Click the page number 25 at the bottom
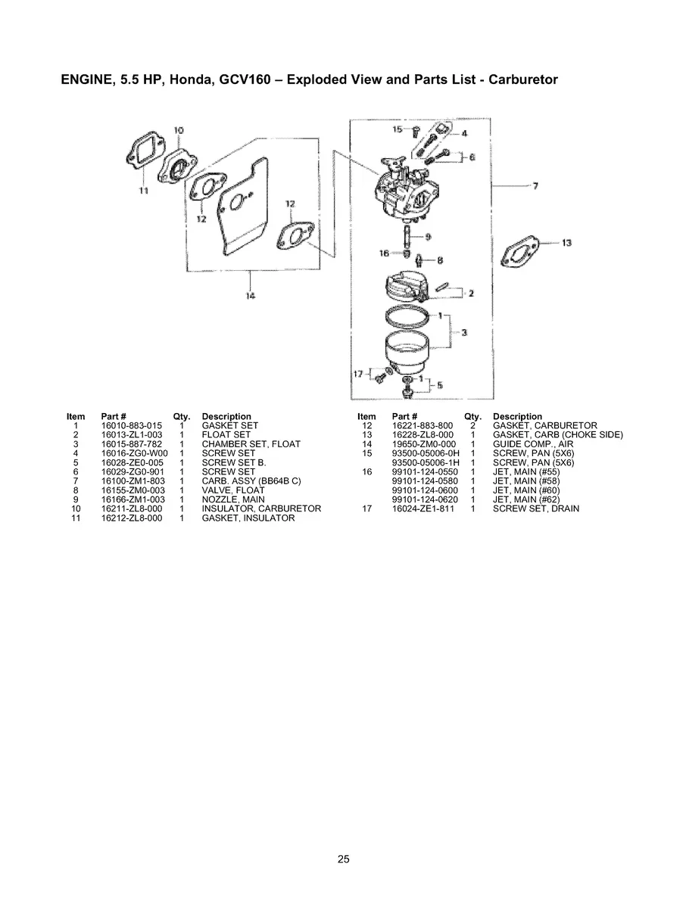343,859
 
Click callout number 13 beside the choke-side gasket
566,243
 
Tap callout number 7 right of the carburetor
535,185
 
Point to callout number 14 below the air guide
250,294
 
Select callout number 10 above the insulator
179,130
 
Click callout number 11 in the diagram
143,191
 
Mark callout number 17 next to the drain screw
358,373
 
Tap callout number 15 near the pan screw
398,129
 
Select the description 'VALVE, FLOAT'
232,490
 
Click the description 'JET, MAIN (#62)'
526,499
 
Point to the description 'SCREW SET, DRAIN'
535,509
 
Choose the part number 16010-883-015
132,426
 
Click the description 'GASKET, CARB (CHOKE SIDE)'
557,435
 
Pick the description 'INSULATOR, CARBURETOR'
261,509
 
